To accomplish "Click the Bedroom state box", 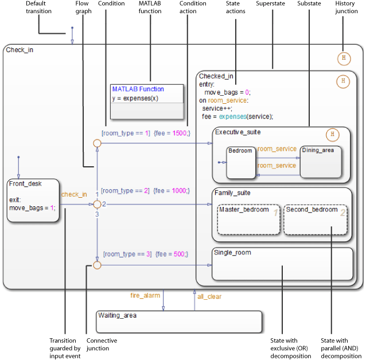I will tap(240, 162).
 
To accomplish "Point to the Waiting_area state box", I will tap(179, 321).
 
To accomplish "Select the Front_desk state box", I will tap(34, 196).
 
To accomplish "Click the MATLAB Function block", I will tap(147, 101).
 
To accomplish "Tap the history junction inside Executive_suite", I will tap(332, 135).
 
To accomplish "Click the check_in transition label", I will tap(74, 194).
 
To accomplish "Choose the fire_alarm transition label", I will tap(143, 296).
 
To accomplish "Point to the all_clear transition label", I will tap(209, 296).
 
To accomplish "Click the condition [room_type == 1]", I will tap(125, 133).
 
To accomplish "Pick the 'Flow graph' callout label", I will tap(83, 7).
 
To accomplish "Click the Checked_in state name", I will tap(216, 76).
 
